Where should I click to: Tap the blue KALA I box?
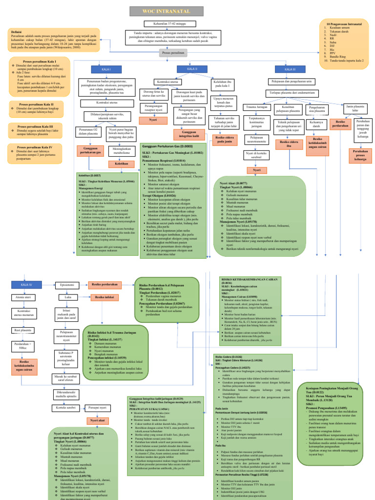coord(105,70)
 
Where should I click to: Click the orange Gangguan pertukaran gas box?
coord(90,151)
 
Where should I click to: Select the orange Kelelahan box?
coord(121,164)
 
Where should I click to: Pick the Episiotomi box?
coord(68,284)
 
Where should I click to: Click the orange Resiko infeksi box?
coord(104,296)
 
